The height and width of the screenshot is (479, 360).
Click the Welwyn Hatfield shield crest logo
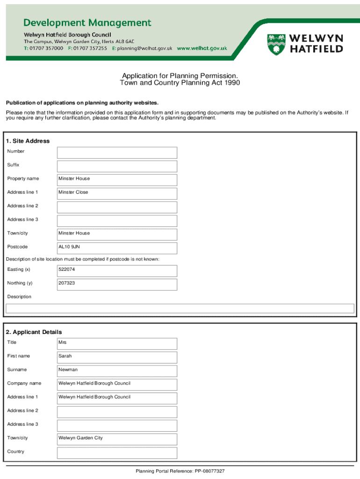click(276, 44)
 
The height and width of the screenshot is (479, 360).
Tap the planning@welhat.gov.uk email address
click(144, 48)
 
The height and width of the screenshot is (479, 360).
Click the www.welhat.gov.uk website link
click(202, 48)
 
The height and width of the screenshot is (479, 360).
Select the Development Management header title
click(87, 23)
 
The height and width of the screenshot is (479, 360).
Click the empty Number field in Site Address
click(117, 152)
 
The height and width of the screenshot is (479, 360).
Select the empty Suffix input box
click(117, 166)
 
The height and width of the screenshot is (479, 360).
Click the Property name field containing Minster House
click(117, 180)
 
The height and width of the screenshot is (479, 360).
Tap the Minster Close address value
click(73, 192)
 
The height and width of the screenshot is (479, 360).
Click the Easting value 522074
click(67, 270)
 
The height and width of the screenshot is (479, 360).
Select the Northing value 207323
click(67, 283)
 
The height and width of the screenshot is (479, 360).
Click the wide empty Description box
click(180, 308)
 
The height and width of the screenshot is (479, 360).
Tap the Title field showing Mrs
click(117, 343)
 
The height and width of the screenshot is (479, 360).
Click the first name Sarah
click(65, 356)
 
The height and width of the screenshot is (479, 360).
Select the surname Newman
click(68, 370)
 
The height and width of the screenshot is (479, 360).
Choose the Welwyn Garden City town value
click(80, 438)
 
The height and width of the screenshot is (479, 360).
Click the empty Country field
click(117, 453)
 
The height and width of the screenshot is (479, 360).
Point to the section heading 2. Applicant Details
click(34, 332)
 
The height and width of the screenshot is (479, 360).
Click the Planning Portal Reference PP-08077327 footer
click(180, 471)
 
